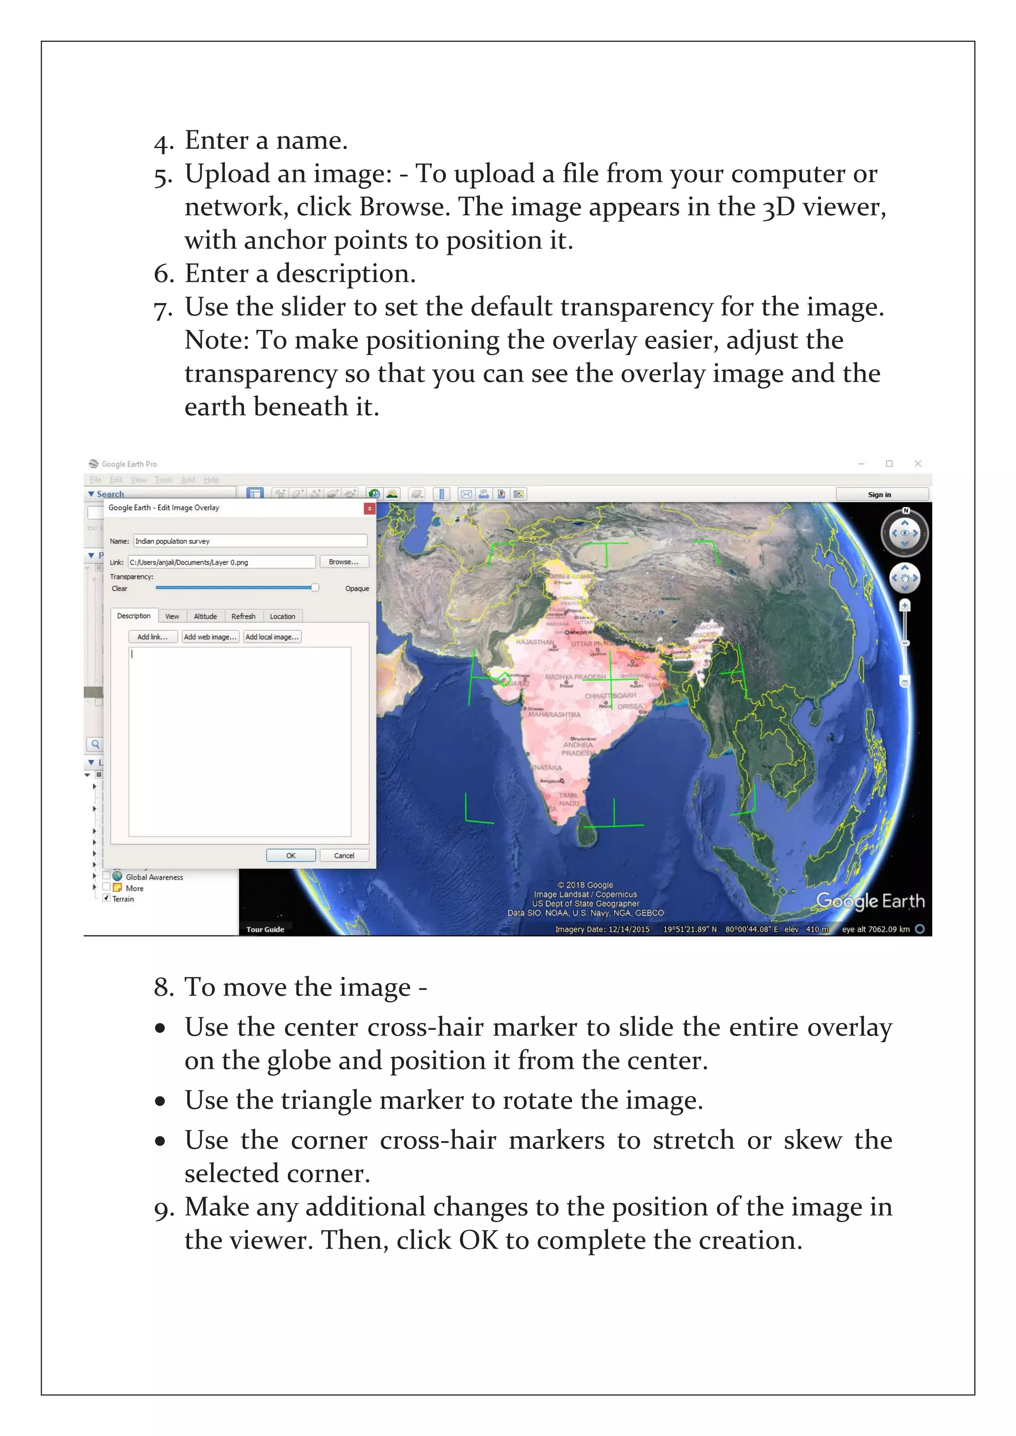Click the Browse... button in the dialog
343,562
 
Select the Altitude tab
205,616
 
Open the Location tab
282,616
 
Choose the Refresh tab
244,616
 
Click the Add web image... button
210,637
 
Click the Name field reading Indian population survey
250,541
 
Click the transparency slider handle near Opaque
315,587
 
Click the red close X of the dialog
370,508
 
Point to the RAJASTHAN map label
534,642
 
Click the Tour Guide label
265,929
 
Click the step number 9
163,1208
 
